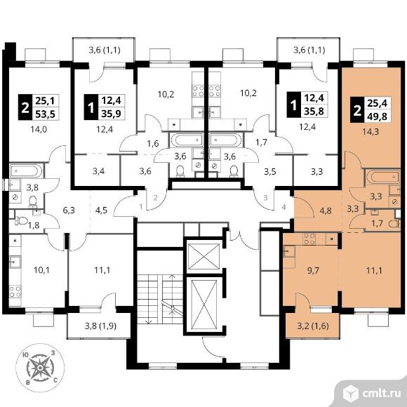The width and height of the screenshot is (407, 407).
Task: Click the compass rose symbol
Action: [40, 368]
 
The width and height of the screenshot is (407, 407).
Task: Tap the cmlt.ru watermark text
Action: [382, 394]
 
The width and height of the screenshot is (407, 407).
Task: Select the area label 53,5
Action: [46, 114]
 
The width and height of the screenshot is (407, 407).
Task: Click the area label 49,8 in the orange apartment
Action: [377, 116]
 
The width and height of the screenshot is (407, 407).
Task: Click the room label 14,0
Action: [39, 129]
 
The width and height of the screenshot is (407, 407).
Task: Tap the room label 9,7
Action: [312, 271]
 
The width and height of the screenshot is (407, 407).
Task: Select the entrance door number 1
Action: [141, 207]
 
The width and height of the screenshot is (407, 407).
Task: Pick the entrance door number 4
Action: [284, 207]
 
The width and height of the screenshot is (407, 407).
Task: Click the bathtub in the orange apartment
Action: [382, 177]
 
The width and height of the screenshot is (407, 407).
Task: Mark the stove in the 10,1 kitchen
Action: [15, 291]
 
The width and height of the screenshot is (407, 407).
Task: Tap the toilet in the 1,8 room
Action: [21, 221]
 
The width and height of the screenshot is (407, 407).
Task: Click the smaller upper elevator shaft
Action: [203, 256]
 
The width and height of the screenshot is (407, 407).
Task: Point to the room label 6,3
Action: [69, 210]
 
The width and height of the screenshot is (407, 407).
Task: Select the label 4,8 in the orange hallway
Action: [326, 211]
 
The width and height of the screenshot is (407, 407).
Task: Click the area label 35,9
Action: [112, 114]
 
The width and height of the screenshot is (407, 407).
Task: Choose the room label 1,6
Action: [153, 144]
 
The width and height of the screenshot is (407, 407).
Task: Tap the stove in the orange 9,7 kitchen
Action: [309, 239]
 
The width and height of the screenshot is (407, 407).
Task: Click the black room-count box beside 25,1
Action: [25, 107]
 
